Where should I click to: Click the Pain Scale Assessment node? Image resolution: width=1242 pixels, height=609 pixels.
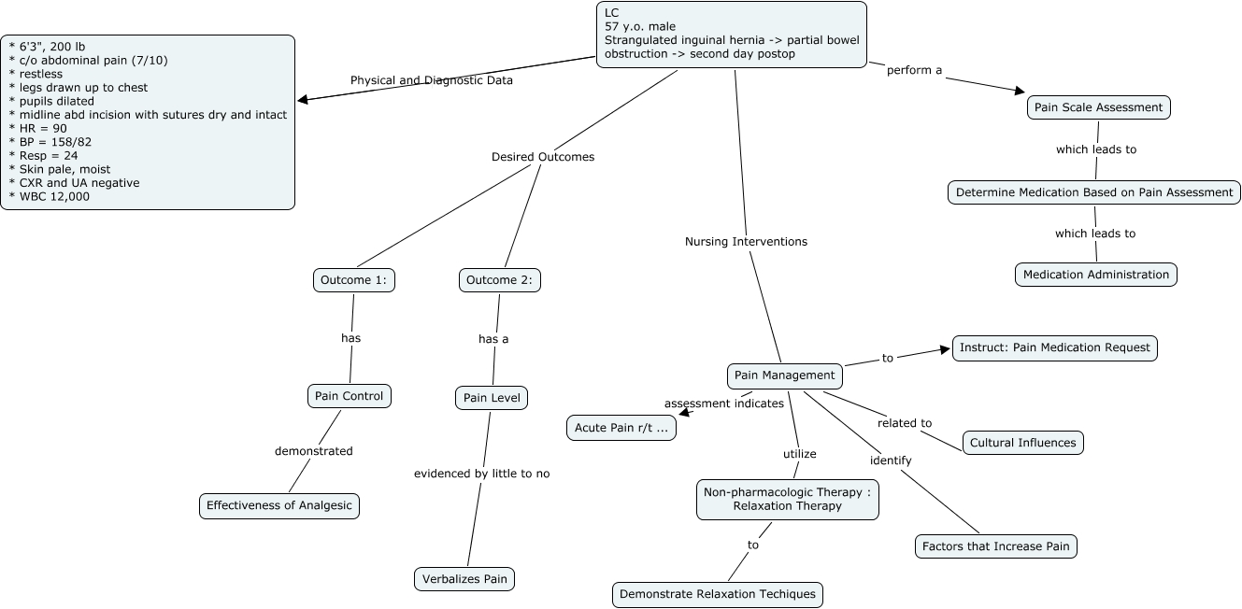(x=1098, y=107)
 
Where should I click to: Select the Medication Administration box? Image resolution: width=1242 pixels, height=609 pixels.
(x=1095, y=275)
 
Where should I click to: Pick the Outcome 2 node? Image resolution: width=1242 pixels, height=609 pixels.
(x=500, y=280)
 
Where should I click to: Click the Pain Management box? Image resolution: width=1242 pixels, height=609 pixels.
(x=784, y=375)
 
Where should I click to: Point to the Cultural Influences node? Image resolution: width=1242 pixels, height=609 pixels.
(x=1022, y=443)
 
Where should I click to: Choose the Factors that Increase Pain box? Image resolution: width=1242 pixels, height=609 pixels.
(x=995, y=546)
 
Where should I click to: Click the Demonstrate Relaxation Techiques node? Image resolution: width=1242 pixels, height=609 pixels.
(x=717, y=594)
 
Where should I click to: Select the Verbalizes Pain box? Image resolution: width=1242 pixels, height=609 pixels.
(x=464, y=579)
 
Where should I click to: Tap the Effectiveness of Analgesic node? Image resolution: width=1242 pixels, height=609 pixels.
(x=279, y=506)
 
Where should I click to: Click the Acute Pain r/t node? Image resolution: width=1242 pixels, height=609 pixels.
(x=621, y=428)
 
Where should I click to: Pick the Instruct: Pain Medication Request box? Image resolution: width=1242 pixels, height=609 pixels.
(x=1054, y=347)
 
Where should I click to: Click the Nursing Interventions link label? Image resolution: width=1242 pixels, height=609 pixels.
(x=746, y=242)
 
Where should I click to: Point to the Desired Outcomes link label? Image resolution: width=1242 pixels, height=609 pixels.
(x=543, y=157)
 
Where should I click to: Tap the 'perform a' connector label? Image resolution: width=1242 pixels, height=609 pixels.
(x=914, y=70)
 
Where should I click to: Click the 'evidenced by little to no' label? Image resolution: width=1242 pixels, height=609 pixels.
(x=481, y=474)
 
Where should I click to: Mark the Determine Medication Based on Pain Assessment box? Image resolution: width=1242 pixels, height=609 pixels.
(x=1094, y=192)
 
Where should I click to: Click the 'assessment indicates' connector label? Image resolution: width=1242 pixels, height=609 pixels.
(x=723, y=404)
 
